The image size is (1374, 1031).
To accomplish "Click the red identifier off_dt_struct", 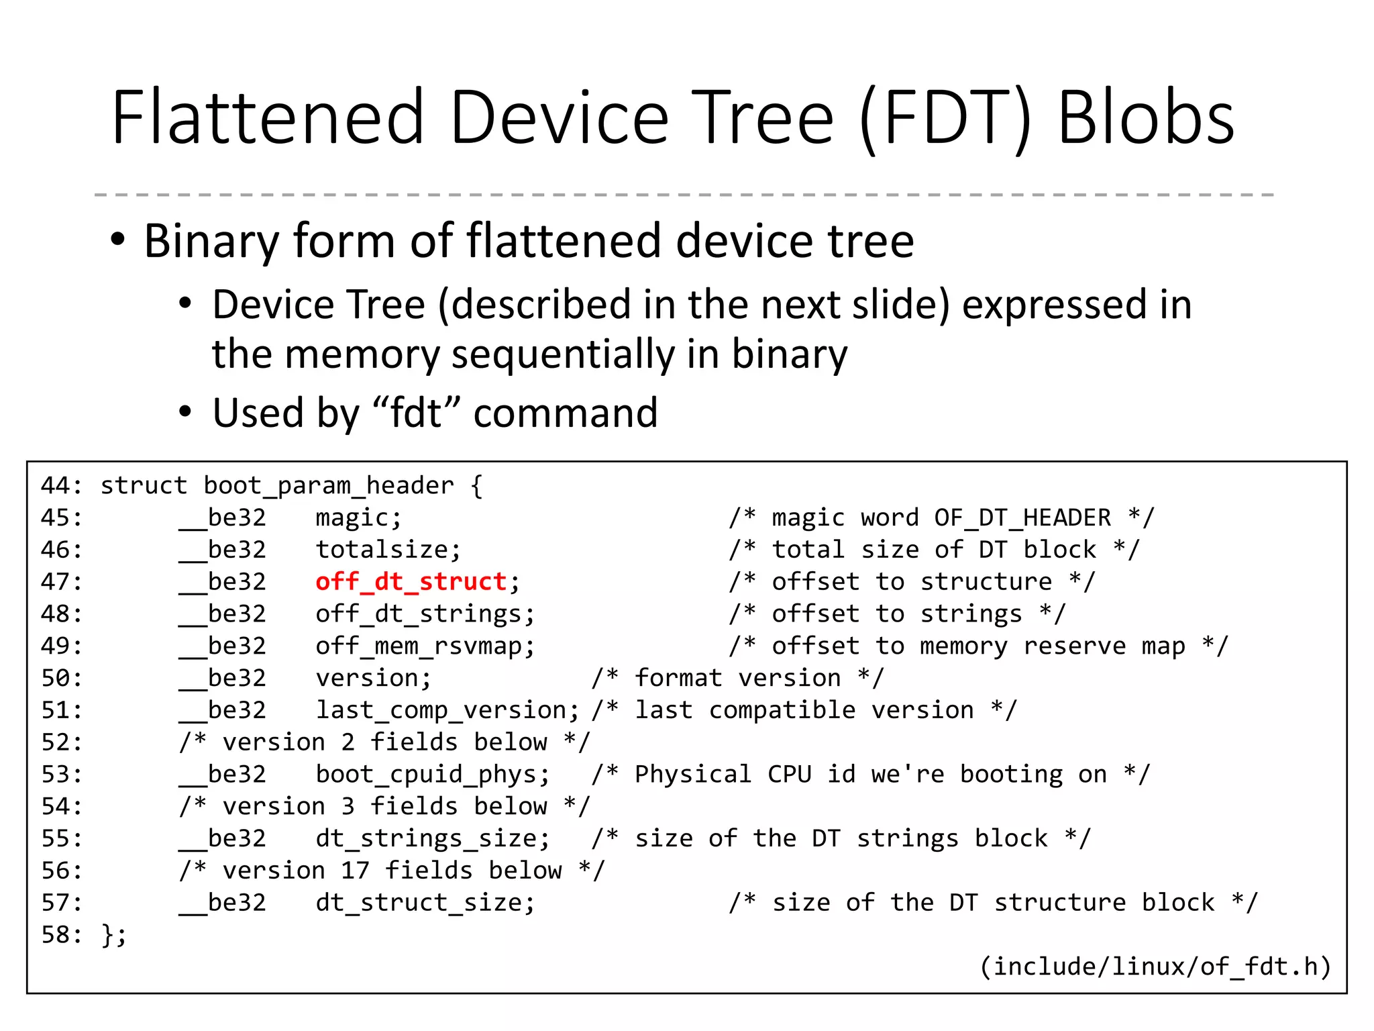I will [x=411, y=581].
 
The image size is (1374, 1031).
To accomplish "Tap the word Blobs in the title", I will [x=1146, y=118].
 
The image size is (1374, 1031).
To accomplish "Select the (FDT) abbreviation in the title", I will [x=946, y=119].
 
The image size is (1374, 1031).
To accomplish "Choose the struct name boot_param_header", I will [x=329, y=485].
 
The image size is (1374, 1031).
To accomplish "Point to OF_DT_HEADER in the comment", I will [x=1022, y=518].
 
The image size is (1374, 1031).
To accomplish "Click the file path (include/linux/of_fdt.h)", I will [x=1155, y=967].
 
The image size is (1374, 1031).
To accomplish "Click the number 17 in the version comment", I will [x=355, y=871].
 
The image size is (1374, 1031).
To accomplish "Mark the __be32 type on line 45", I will [x=223, y=518].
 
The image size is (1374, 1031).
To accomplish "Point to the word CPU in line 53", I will [x=789, y=774].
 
